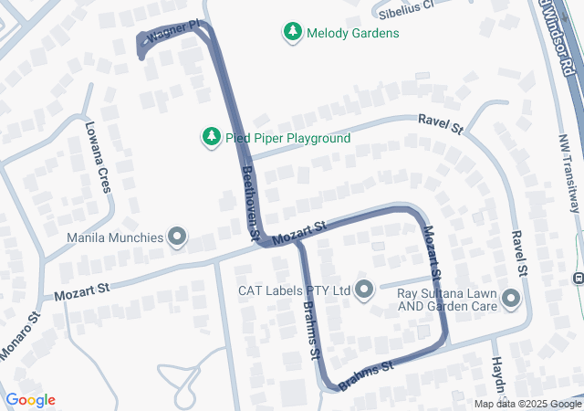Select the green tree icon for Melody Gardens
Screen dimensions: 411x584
(293, 33)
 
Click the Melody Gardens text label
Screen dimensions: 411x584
(352, 33)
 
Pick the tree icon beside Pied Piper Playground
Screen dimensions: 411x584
(211, 137)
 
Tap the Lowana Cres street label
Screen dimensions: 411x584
(98, 156)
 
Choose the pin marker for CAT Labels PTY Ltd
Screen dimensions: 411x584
(365, 290)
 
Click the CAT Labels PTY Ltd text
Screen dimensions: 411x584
(295, 290)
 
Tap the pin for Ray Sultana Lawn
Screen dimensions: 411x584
(510, 299)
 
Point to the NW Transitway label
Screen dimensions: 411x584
(570, 174)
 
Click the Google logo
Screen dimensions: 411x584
(30, 400)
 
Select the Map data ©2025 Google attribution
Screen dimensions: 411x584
(527, 404)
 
